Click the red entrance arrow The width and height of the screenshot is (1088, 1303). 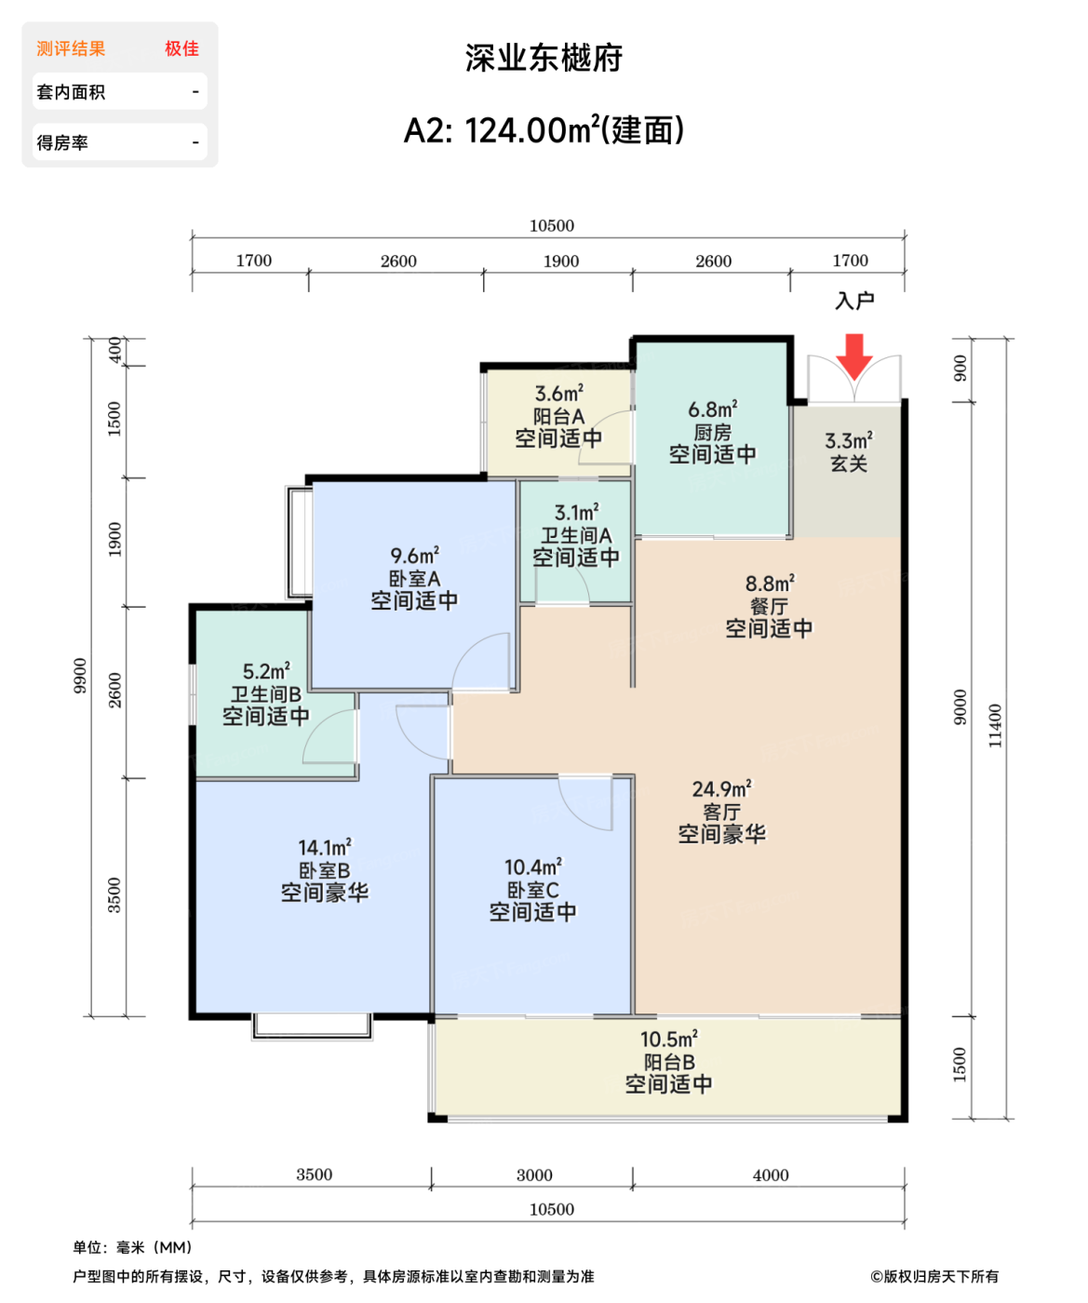pos(853,356)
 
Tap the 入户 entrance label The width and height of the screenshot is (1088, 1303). pos(854,301)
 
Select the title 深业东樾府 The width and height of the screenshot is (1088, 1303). pos(544,58)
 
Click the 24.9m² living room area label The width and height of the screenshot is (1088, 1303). pos(721,789)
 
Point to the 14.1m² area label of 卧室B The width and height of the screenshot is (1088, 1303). pos(324,848)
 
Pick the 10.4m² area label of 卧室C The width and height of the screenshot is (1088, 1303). pos(532,867)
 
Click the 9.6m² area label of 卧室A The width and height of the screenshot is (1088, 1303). pos(414,556)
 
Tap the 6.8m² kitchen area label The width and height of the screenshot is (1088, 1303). pos(712,410)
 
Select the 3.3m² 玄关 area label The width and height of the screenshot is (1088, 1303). pos(848,441)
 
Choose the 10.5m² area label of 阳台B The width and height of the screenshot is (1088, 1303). pos(668,1040)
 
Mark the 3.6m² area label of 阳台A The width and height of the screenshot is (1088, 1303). pos(558,394)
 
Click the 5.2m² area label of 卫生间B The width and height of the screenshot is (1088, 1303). pos(265,671)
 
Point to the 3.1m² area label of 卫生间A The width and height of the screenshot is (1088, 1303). pos(576,513)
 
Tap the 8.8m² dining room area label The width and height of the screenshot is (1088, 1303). pos(769,584)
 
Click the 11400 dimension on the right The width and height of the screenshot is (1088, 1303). pos(995,726)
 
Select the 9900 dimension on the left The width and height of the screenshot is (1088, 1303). pos(81,676)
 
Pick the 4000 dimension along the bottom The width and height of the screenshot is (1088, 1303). pos(770,1175)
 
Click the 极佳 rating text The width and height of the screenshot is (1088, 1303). pos(181,48)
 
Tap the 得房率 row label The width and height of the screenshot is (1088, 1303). pos(62,142)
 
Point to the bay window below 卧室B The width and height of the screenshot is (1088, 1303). pos(312,1025)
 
